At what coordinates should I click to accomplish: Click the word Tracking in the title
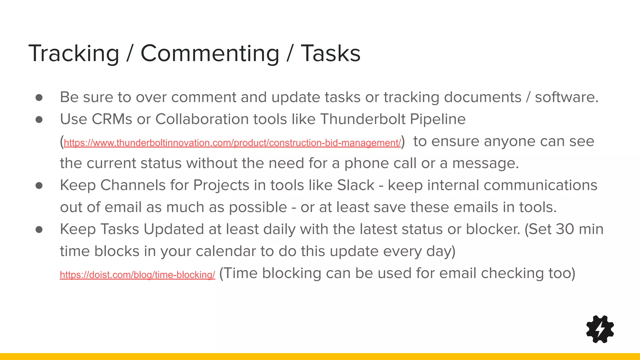[74, 53]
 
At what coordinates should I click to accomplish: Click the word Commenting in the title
[210, 53]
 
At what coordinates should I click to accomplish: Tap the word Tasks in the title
[330, 53]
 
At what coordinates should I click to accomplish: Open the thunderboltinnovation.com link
[232, 143]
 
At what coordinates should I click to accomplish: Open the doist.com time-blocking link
[137, 275]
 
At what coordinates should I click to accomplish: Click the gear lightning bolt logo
[600, 329]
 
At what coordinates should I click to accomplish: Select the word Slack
[356, 185]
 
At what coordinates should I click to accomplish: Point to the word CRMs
[112, 119]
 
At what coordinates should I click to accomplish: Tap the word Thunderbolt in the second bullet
[363, 119]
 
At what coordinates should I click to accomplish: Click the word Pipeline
[437, 119]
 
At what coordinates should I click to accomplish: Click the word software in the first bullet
[566, 97]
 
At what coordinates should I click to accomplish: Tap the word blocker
[493, 229]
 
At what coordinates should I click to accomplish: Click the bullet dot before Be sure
[39, 97]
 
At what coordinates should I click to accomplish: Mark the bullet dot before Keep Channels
[39, 186]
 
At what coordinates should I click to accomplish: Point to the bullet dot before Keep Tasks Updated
[39, 230]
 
